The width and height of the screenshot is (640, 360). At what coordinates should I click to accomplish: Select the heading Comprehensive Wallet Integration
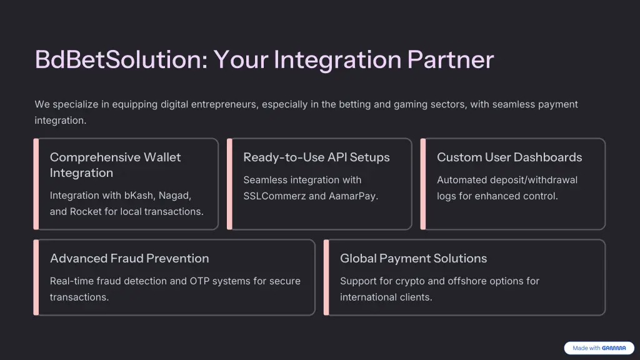pos(115,165)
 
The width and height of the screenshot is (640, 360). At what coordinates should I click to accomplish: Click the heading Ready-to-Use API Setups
pos(316,157)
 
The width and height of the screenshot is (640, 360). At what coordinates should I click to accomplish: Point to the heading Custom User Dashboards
pos(509,157)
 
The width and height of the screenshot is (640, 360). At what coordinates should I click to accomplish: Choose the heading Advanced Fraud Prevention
pos(129,259)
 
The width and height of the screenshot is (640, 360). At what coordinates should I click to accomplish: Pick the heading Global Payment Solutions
pos(413,259)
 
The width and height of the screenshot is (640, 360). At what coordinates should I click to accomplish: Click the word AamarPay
pos(355,196)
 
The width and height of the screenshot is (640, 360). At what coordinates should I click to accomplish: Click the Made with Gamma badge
pos(599,348)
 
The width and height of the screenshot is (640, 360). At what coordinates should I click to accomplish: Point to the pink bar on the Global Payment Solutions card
pos(326,277)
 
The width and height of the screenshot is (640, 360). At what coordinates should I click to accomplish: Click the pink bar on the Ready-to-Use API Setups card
pos(229,184)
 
